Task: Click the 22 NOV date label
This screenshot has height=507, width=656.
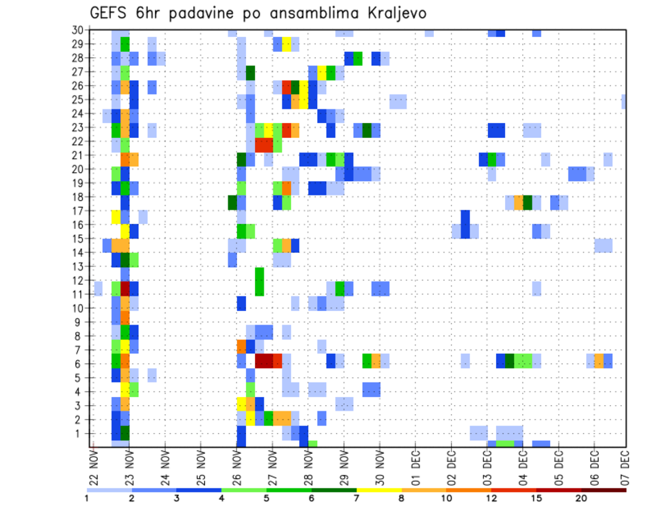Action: pos(94,467)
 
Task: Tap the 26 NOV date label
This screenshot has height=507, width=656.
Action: pos(238,467)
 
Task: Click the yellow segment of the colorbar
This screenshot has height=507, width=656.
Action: pos(379,490)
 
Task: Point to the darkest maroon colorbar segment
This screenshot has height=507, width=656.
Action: pos(603,490)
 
